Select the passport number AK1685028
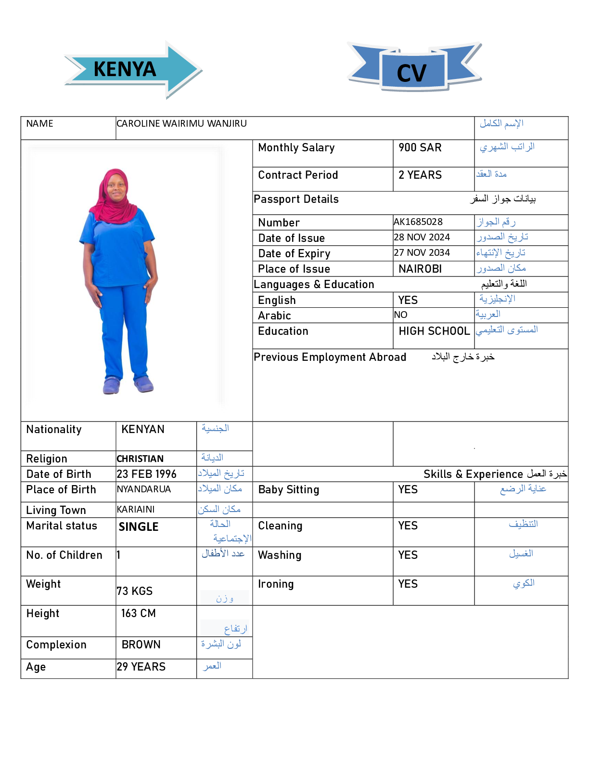pyautogui.click(x=418, y=222)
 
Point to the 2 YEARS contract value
pyautogui.click(x=420, y=175)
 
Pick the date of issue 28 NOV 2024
pyautogui.click(x=422, y=237)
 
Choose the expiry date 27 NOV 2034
pyautogui.click(x=422, y=253)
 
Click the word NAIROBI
pyautogui.click(x=420, y=269)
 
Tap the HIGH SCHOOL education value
pyautogui.click(x=434, y=331)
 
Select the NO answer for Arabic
pyautogui.click(x=400, y=315)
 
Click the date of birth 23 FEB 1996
pyautogui.click(x=146, y=474)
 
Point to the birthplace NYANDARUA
pyautogui.click(x=143, y=489)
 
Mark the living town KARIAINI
pyautogui.click(x=135, y=510)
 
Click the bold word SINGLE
pyautogui.click(x=139, y=527)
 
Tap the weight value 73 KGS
pyautogui.click(x=134, y=592)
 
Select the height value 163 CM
pyautogui.click(x=138, y=614)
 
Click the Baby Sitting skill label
pyautogui.click(x=288, y=490)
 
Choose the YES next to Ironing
pyautogui.click(x=408, y=584)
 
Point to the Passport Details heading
pyautogui.click(x=296, y=199)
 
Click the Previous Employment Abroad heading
pyautogui.click(x=330, y=357)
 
